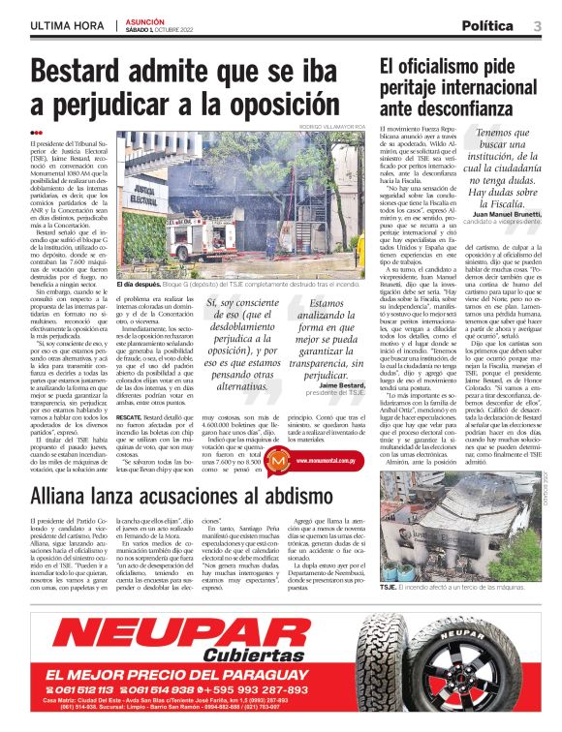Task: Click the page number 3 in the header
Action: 537,25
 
